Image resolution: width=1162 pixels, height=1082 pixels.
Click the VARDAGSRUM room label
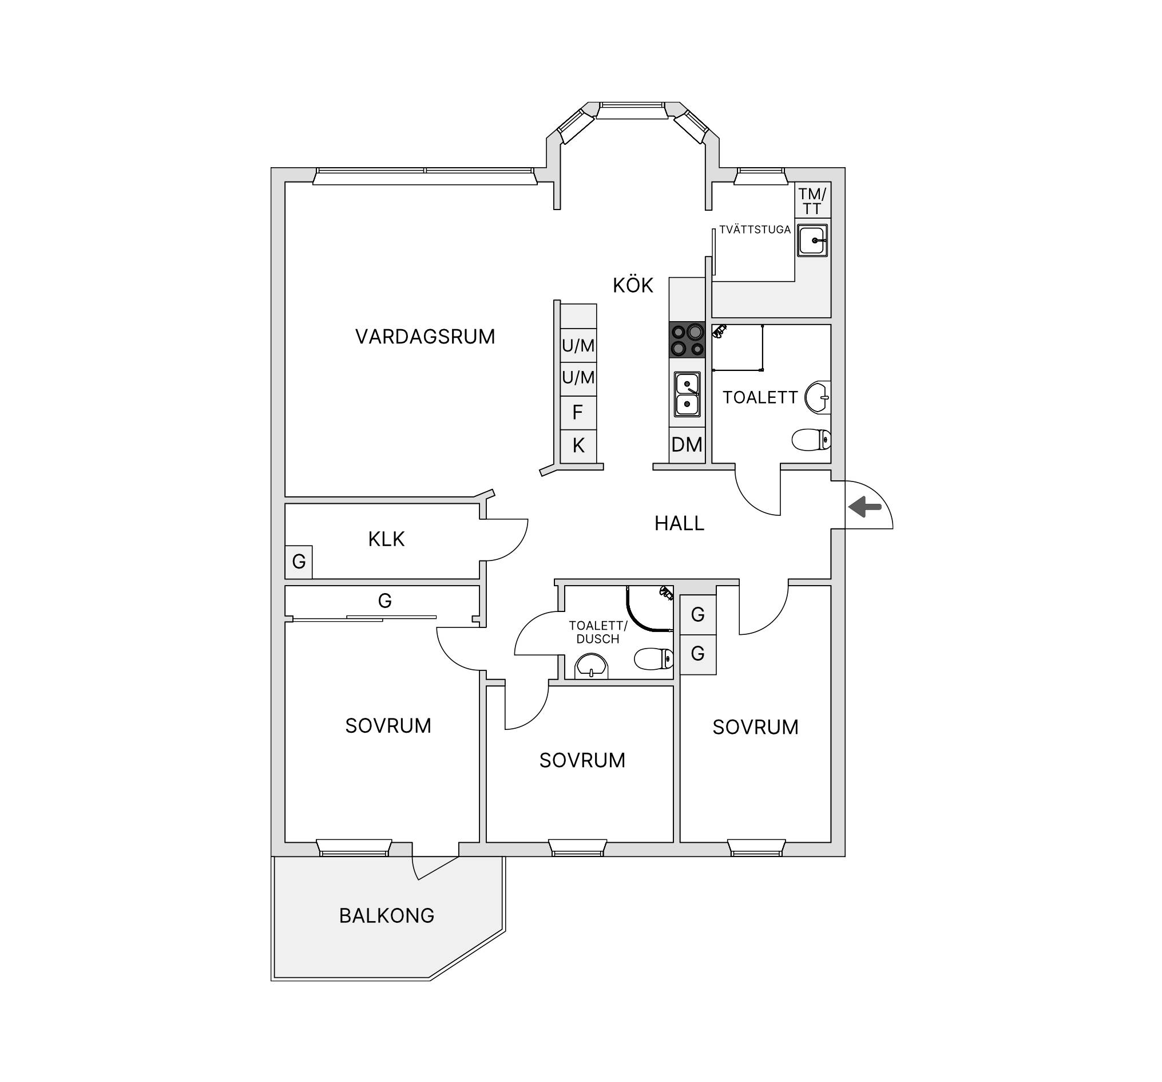[x=425, y=336]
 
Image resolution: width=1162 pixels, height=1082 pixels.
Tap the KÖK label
[x=633, y=285]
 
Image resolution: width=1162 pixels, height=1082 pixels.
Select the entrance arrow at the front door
[x=865, y=507]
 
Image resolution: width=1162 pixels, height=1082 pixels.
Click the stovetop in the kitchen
[x=687, y=340]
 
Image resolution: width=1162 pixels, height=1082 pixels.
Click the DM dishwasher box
[x=687, y=444]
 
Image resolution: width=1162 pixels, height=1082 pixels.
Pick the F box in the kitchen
[x=578, y=413]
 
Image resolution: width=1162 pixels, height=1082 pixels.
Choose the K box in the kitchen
[x=578, y=445]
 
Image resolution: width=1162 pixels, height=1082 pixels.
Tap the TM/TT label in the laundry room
[x=812, y=200]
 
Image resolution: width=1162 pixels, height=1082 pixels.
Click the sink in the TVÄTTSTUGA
[x=812, y=240]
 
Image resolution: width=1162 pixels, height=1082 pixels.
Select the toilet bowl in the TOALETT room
[x=811, y=439]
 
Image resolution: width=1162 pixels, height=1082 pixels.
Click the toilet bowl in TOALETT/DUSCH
[x=653, y=658]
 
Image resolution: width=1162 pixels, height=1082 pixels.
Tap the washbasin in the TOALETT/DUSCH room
[x=592, y=667]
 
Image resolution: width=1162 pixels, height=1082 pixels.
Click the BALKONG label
[x=387, y=915]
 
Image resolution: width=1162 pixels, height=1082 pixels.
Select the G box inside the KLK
[x=299, y=562]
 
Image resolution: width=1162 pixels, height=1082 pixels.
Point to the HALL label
[x=679, y=523]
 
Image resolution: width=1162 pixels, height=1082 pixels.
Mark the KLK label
[x=386, y=539]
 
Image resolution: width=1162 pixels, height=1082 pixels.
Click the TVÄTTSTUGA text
[x=755, y=229]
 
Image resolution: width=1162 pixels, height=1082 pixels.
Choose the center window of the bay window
[x=632, y=111]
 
